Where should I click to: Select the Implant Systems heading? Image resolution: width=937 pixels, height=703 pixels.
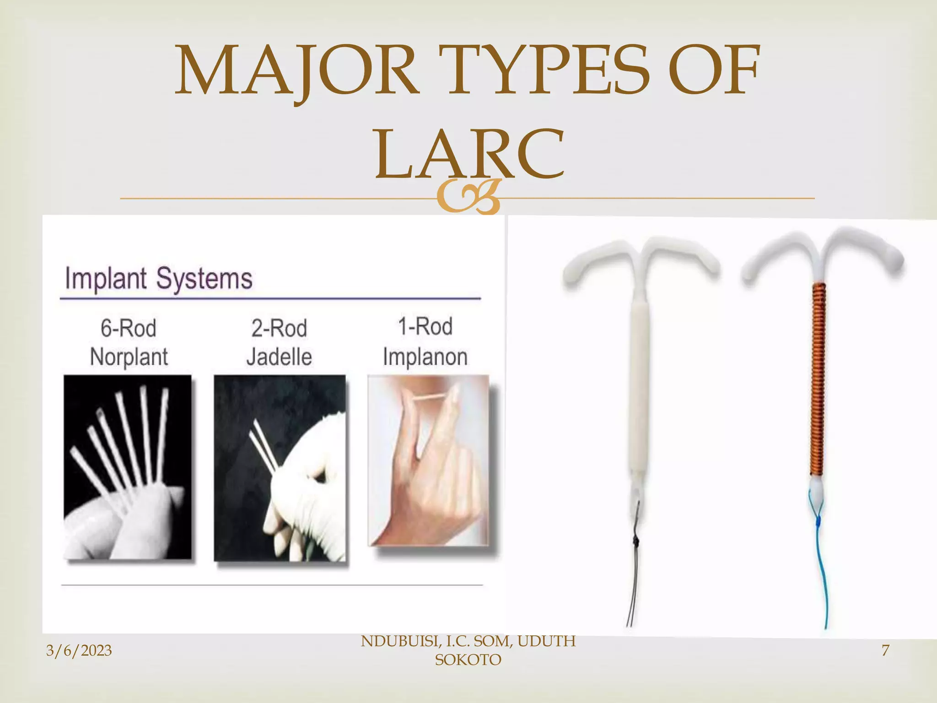tap(158, 278)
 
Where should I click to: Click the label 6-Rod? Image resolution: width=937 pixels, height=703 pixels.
tap(129, 328)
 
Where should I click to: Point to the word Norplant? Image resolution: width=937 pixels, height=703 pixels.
tap(129, 357)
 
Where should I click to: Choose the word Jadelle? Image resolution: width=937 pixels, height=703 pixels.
tap(279, 357)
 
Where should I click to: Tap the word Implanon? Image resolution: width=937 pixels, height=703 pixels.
tap(425, 357)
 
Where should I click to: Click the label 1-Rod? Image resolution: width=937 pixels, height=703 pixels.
tap(425, 327)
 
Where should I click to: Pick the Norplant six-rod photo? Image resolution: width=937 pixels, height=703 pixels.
tap(127, 467)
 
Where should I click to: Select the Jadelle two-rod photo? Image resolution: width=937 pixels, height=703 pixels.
tap(280, 468)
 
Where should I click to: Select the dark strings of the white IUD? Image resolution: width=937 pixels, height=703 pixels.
tap(634, 572)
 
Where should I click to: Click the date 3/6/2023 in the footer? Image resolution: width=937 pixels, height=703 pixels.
tap(79, 650)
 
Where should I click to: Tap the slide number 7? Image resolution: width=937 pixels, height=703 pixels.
tap(885, 650)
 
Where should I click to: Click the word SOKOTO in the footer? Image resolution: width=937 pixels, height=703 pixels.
tap(468, 660)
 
